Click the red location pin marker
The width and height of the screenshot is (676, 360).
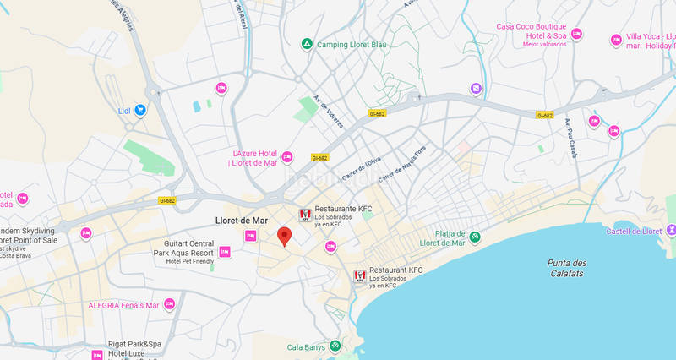tap(285, 237)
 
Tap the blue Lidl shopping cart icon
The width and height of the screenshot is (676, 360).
tap(140, 110)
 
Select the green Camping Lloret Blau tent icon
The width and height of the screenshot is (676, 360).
tap(307, 44)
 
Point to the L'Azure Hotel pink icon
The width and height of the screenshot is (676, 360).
tap(286, 157)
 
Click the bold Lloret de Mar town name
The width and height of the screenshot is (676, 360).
tap(242, 221)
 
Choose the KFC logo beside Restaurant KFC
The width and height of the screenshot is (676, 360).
tap(359, 276)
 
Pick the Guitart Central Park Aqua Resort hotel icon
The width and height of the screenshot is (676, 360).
tap(225, 252)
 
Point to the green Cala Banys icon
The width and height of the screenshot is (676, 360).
tap(335, 346)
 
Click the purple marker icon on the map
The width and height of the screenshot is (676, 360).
tap(476, 89)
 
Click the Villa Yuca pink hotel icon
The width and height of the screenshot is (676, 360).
tap(615, 40)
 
